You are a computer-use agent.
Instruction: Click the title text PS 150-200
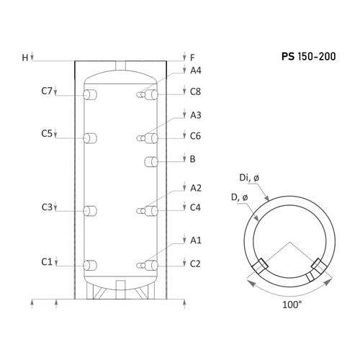point(309,56)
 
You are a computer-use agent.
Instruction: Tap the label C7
point(47,91)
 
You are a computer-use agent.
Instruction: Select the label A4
point(196,71)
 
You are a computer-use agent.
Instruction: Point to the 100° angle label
point(292,305)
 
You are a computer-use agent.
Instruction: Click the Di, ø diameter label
point(249,178)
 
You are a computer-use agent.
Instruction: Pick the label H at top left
point(25,58)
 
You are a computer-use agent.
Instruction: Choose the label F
point(192,58)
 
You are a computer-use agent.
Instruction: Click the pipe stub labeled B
point(151,162)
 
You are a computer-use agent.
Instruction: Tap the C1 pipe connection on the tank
point(90,266)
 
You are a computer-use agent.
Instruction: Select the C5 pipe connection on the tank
point(90,138)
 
